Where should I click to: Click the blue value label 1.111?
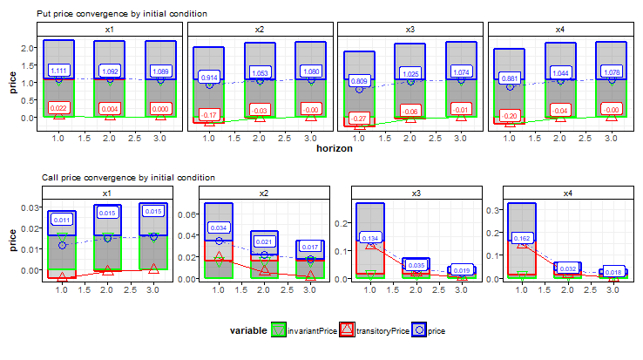click(60, 70)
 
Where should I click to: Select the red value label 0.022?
click(60, 108)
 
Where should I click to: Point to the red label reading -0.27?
click(359, 116)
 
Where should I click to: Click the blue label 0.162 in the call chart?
click(521, 237)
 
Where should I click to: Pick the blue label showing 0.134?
click(370, 237)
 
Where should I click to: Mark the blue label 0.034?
click(219, 228)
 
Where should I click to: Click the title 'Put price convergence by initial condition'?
click(122, 14)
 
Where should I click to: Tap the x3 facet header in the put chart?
click(410, 30)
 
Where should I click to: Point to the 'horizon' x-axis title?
click(335, 149)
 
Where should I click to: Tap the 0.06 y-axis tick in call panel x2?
click(191, 214)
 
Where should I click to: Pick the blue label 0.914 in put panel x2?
click(210, 78)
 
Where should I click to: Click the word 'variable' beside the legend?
click(248, 330)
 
